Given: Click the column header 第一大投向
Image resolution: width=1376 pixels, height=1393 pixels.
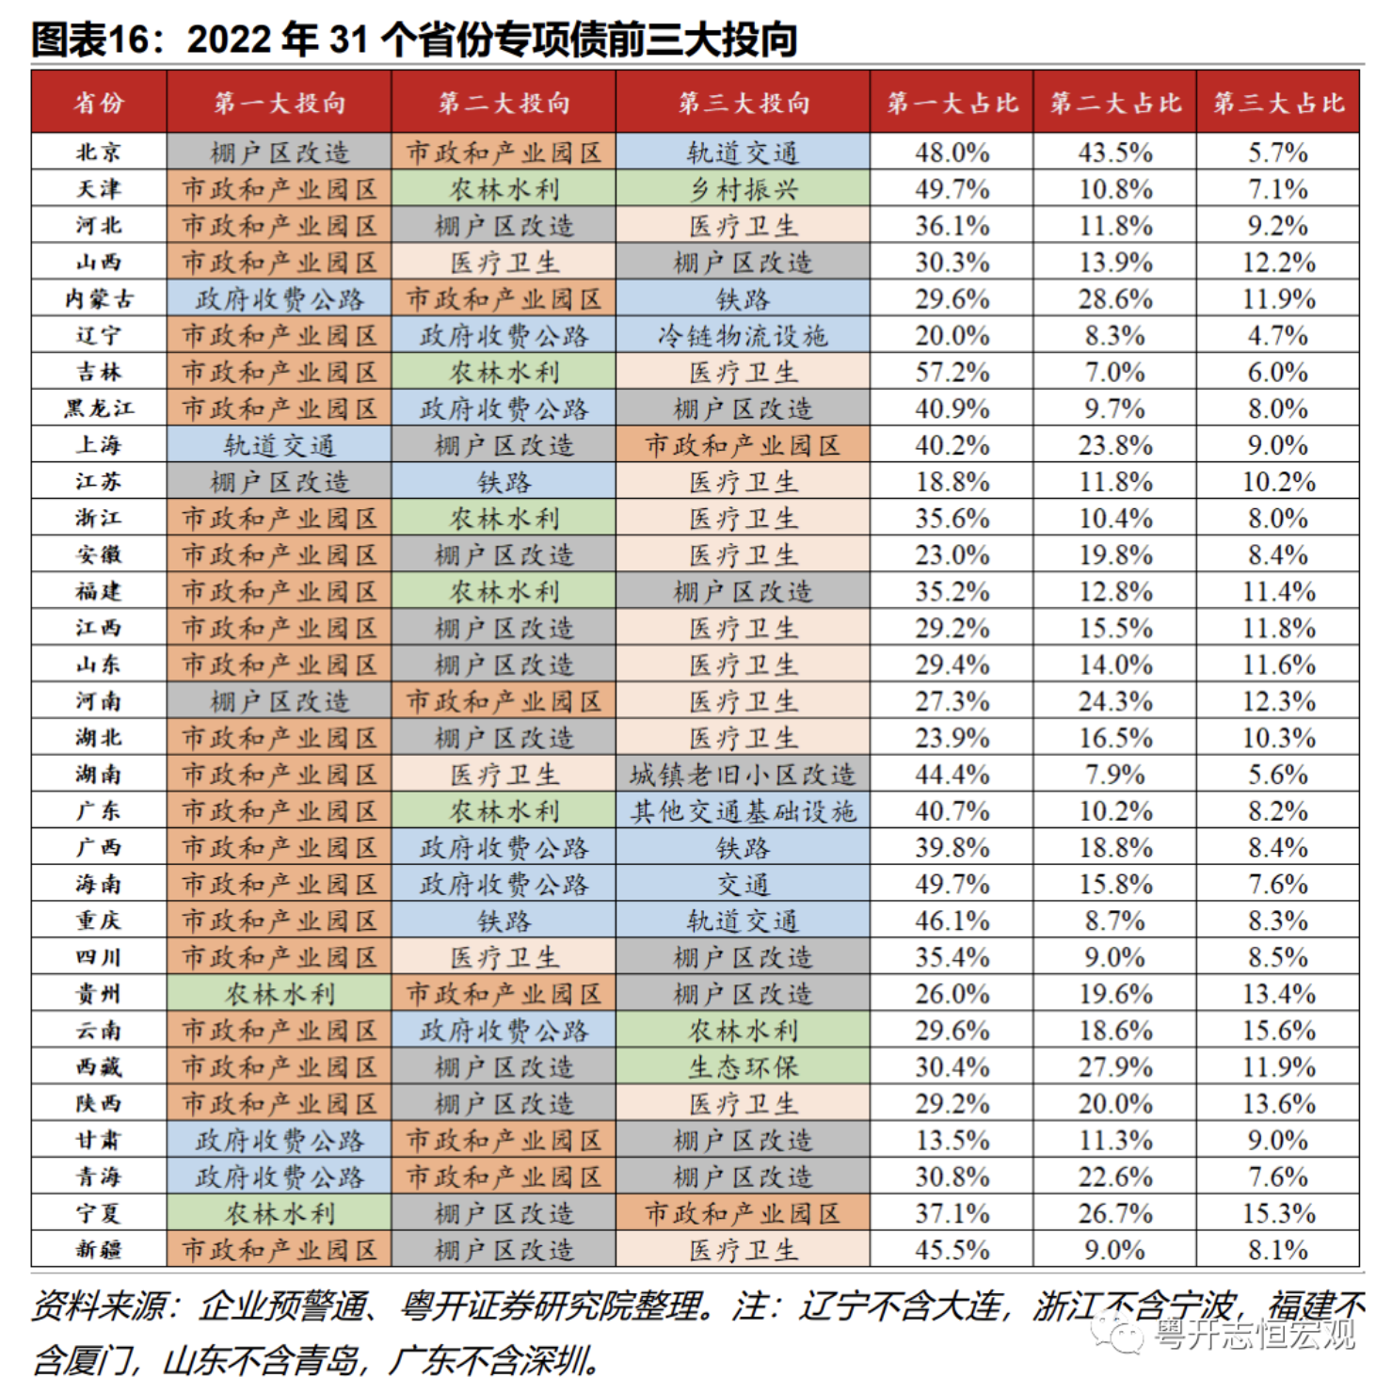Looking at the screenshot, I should click(279, 103).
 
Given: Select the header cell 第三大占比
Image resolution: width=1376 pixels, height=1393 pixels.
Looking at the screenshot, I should click(1277, 103).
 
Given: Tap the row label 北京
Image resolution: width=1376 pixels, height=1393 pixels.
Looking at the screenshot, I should click(99, 152).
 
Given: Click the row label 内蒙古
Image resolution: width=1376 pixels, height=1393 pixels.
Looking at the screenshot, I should click(99, 299).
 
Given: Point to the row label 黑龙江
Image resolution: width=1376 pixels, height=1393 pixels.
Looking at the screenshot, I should click(99, 408).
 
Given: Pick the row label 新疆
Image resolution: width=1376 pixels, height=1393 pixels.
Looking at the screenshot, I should click(99, 1250).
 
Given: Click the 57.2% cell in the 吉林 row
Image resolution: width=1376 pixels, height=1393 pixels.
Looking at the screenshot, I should click(952, 373).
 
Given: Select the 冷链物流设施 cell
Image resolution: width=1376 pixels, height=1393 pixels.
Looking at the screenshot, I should click(743, 336).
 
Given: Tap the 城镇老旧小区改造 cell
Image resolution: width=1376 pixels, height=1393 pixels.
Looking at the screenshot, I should click(743, 775).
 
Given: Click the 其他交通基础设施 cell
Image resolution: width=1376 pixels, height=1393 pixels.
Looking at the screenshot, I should click(743, 811).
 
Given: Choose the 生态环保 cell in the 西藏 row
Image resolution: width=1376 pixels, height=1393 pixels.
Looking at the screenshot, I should click(743, 1067).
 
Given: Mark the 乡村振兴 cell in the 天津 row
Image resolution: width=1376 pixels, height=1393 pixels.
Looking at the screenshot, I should click(743, 189).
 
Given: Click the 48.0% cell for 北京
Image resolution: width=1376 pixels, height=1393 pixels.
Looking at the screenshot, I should click(952, 152).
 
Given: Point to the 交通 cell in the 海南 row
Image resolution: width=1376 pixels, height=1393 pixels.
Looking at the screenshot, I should click(743, 885).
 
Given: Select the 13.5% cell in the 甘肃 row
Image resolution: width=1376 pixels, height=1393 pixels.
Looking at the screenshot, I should click(952, 1141).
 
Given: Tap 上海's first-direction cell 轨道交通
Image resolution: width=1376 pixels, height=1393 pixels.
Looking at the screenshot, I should click(279, 445).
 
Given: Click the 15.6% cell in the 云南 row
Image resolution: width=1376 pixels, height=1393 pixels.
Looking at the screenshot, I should click(1277, 1031).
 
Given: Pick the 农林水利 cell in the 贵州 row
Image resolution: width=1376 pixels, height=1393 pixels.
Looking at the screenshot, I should click(279, 994).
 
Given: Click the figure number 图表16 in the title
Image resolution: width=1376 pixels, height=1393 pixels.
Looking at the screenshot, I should click(90, 40).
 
